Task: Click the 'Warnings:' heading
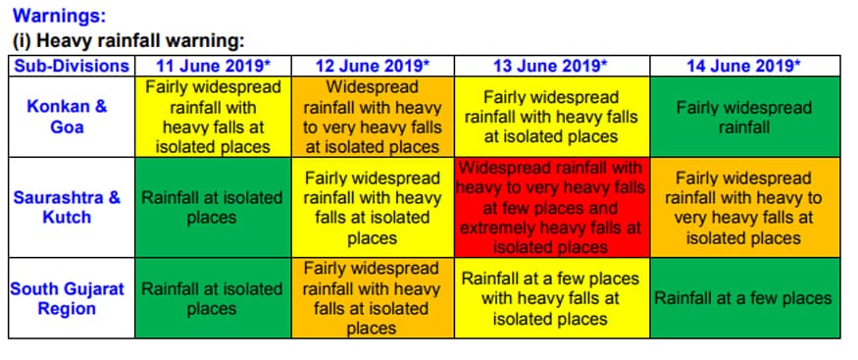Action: (x=59, y=17)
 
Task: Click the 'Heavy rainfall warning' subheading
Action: (x=127, y=41)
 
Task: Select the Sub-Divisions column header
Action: (x=71, y=66)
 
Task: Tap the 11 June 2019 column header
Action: (x=212, y=66)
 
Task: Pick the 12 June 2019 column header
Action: (x=373, y=66)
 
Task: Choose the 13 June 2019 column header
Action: (x=551, y=66)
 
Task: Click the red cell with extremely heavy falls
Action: (x=551, y=207)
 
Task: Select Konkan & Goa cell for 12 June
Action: (x=373, y=117)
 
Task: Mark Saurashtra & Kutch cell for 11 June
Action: (x=212, y=207)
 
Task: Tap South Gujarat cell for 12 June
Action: (x=373, y=298)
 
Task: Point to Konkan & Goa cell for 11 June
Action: (x=212, y=117)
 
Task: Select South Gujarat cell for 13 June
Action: (x=551, y=298)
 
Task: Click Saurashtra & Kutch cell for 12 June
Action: (x=373, y=207)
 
